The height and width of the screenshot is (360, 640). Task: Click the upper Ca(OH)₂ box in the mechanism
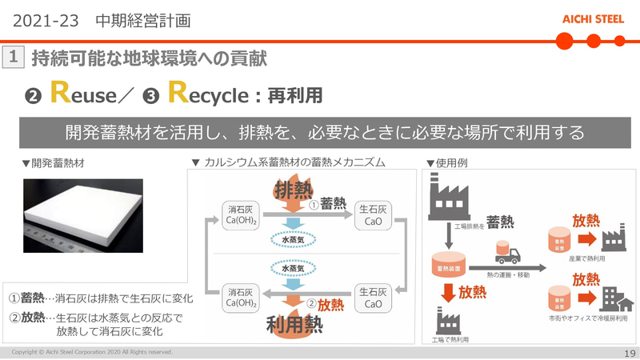pos(242,214)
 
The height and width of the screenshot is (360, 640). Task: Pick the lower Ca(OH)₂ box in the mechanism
pos(242,298)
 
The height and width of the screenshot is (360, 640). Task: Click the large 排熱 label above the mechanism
pos(294,190)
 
